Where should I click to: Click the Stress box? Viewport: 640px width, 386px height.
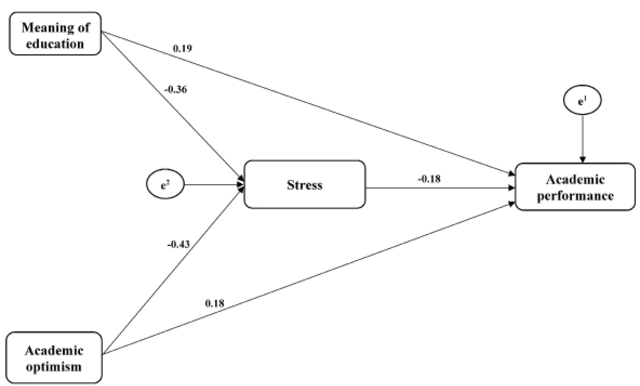pyautogui.click(x=304, y=184)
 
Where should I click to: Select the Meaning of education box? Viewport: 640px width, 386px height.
pyautogui.click(x=55, y=34)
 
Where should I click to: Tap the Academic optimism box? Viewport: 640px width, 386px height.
pyautogui.click(x=54, y=358)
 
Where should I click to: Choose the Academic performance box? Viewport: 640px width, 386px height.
pyautogui.click(x=575, y=187)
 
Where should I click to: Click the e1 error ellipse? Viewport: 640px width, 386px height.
pyautogui.click(x=582, y=100)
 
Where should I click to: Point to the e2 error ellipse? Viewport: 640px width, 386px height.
pyautogui.click(x=165, y=184)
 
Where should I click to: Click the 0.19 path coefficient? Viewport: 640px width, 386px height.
pyautogui.click(x=182, y=48)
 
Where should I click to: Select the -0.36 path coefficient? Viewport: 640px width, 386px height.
pyautogui.click(x=176, y=90)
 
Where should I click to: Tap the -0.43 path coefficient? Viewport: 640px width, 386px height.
pyautogui.click(x=179, y=244)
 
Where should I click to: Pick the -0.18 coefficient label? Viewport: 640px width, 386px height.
pyautogui.click(x=429, y=179)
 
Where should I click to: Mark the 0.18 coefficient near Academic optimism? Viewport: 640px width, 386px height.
pyautogui.click(x=214, y=303)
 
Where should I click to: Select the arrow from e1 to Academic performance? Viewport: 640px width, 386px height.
pyautogui.click(x=582, y=138)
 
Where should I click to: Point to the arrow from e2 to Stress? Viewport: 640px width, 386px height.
pyautogui.click(x=213, y=185)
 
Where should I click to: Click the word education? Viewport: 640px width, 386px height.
pyautogui.click(x=55, y=44)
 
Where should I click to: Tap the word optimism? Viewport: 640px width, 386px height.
pyautogui.click(x=54, y=367)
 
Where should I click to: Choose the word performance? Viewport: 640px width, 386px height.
pyautogui.click(x=575, y=195)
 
